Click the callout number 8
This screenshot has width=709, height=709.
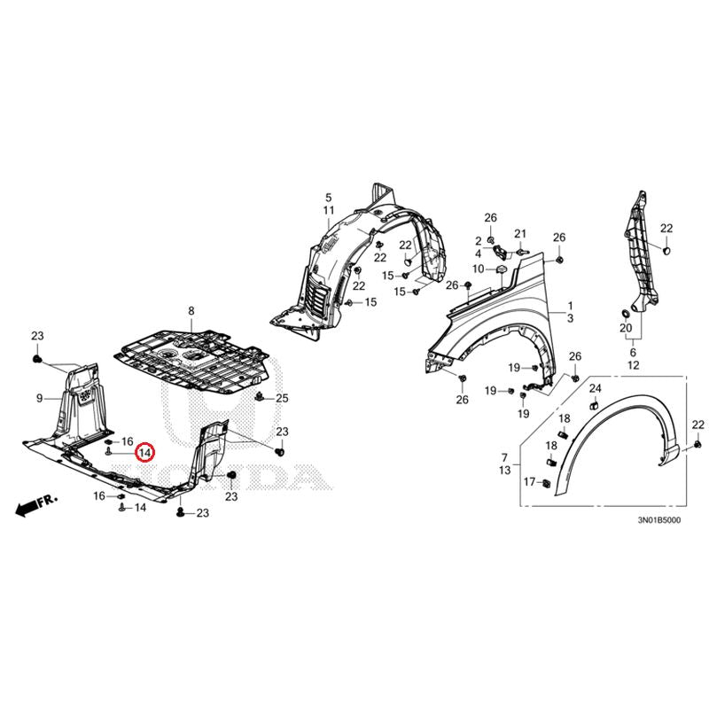pyautogui.click(x=190, y=310)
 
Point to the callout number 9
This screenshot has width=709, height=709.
pyautogui.click(x=39, y=399)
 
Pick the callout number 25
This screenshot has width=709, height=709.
pyautogui.click(x=283, y=398)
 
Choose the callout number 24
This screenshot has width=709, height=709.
pyautogui.click(x=595, y=389)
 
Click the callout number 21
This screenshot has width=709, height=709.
pyautogui.click(x=520, y=234)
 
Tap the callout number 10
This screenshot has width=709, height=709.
pyautogui.click(x=478, y=269)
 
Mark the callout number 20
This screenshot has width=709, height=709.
pyautogui.click(x=627, y=329)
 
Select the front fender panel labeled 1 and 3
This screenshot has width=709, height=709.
pyautogui.click(x=496, y=328)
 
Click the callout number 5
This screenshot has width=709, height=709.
pyautogui.click(x=327, y=197)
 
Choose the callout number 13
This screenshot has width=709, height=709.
pyautogui.click(x=504, y=470)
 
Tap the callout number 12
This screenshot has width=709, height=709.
pyautogui.click(x=633, y=365)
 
